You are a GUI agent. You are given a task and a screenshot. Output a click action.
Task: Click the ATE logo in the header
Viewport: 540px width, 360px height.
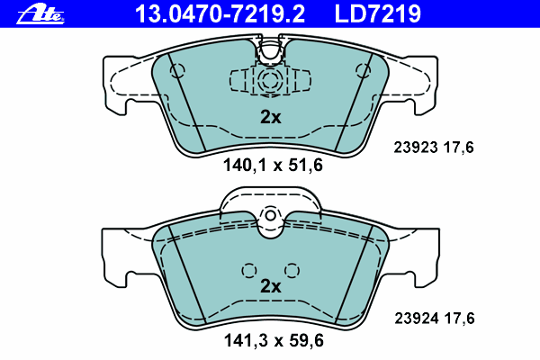click(40, 14)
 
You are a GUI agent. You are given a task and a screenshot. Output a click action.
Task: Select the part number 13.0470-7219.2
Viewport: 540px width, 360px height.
click(220, 14)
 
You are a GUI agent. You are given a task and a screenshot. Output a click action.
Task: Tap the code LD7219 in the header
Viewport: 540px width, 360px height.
click(378, 14)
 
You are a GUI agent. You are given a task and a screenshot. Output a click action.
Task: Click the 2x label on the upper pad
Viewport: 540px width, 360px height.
click(271, 117)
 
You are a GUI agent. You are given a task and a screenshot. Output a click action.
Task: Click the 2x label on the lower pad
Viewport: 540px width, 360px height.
click(271, 286)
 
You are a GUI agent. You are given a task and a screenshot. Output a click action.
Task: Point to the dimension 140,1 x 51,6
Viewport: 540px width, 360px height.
click(273, 165)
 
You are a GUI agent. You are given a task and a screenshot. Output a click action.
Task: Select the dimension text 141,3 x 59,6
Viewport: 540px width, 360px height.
click(274, 340)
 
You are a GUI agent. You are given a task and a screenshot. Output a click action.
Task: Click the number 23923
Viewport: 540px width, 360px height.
click(416, 147)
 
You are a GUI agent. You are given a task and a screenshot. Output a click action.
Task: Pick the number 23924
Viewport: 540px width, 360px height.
click(417, 319)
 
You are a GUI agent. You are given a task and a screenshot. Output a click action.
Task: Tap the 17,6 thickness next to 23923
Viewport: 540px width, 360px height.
click(459, 148)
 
